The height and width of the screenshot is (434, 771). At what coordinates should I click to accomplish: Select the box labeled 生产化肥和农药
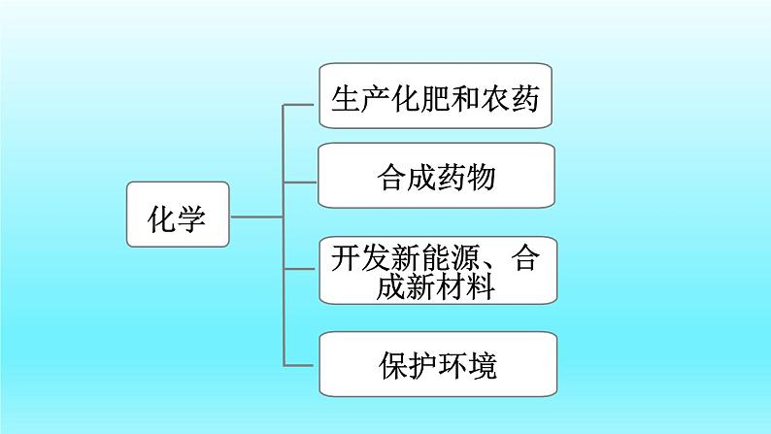coord(436,96)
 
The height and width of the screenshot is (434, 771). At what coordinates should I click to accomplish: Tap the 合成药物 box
coord(436,177)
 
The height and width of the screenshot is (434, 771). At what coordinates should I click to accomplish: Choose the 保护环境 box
coord(436,363)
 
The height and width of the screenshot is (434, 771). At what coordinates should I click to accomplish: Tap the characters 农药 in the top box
coord(515,97)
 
